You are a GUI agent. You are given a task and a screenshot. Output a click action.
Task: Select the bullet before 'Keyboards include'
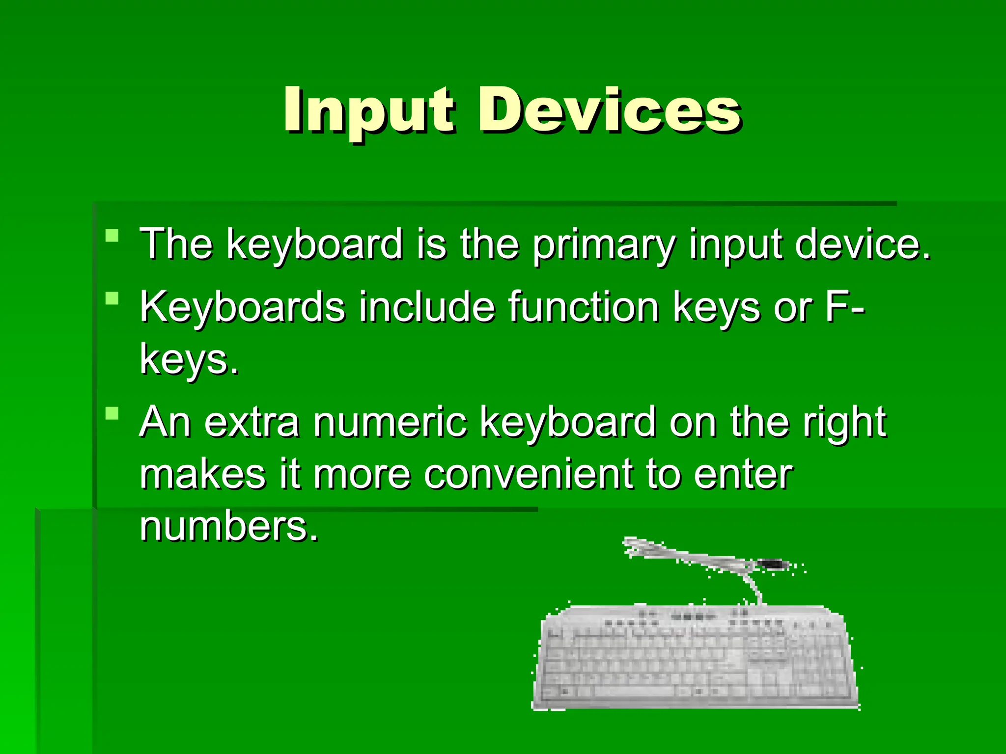(112, 298)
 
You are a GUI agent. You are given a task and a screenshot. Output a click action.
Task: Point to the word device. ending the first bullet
(862, 244)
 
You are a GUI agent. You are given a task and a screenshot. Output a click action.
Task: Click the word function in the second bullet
(583, 307)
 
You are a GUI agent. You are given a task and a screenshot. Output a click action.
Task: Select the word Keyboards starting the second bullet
(242, 307)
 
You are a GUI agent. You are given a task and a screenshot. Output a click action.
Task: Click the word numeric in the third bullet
(391, 422)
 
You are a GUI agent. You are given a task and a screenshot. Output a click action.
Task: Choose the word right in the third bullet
(844, 422)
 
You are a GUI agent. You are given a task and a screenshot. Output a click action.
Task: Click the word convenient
(528, 475)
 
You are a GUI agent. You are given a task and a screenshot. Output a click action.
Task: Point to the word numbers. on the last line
(229, 527)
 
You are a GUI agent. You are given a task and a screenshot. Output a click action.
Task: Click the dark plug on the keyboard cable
(773, 565)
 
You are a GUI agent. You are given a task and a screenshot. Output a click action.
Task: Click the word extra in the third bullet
(251, 422)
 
